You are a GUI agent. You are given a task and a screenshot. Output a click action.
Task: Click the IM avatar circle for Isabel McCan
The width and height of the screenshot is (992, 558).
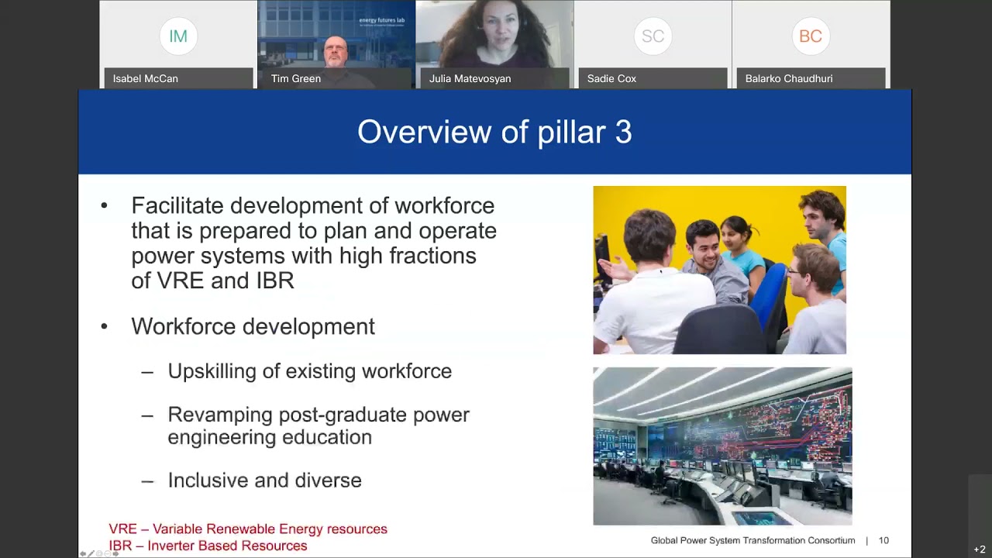[x=178, y=36]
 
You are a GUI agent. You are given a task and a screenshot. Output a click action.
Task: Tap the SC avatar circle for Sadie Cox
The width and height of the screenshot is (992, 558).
[x=653, y=36]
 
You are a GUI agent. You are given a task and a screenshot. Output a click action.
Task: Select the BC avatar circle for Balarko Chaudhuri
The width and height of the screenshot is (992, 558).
[x=811, y=36]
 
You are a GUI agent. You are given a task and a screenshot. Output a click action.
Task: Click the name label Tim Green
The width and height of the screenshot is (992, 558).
[x=296, y=78]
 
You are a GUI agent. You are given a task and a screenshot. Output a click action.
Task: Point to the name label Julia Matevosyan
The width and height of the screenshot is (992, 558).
[x=470, y=78]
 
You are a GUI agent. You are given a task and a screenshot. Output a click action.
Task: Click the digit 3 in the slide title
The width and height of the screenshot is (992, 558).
[x=623, y=132]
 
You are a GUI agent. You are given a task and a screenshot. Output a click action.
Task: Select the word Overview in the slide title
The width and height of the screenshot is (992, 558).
[x=424, y=132]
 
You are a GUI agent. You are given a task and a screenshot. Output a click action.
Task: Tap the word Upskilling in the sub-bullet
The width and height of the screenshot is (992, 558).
[x=212, y=371]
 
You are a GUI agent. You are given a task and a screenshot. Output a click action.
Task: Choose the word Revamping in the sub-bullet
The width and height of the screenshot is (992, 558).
[x=220, y=415]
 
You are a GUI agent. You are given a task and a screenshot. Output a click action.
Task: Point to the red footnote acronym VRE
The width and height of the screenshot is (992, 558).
[x=122, y=529]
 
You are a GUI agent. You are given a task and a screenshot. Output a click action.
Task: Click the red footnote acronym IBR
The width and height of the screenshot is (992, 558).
[x=120, y=546]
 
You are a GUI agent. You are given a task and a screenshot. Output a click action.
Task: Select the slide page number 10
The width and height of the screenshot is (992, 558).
[x=883, y=540]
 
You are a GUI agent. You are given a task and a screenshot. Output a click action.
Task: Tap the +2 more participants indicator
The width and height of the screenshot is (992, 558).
[x=979, y=549]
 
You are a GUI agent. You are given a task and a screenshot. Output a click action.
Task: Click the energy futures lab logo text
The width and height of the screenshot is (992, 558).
[x=382, y=20]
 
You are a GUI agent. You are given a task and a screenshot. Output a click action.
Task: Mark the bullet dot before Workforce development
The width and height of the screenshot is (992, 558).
[x=104, y=327]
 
